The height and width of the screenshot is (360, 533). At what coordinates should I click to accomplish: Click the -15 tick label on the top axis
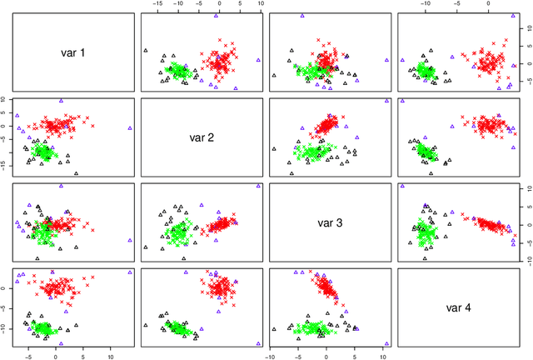157,5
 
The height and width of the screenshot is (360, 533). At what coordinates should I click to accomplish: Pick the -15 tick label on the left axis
4,167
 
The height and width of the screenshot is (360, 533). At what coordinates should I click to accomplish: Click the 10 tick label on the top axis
259,5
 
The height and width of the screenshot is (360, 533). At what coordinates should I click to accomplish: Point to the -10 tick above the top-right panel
426,5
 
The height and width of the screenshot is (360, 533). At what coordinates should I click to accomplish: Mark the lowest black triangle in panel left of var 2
76,173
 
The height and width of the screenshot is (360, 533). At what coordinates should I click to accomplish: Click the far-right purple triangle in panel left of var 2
130,128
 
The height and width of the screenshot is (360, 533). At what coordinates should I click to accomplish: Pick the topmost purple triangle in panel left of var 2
61,101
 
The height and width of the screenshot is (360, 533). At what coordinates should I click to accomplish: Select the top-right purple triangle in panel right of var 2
386,101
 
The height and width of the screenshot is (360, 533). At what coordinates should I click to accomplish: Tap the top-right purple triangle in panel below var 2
259,186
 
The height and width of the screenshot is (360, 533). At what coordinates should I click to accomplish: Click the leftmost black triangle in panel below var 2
146,247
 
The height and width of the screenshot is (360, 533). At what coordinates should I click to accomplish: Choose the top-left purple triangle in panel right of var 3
401,186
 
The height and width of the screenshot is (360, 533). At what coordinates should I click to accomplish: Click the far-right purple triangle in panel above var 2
259,60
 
